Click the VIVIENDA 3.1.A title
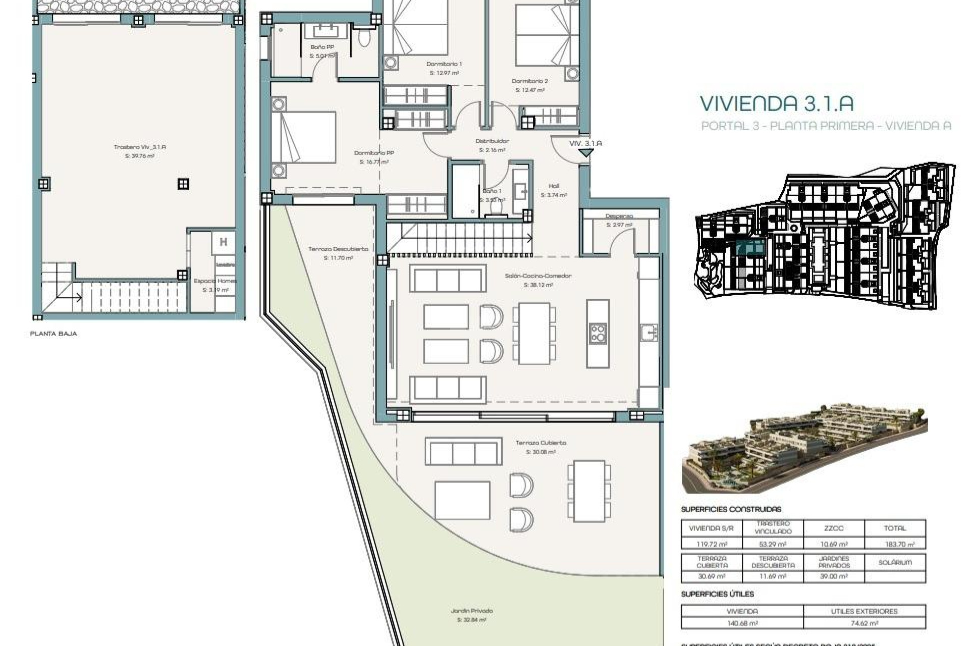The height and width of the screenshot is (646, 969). point(776,103)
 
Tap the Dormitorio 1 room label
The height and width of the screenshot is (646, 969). point(444,64)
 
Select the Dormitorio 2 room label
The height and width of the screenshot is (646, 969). point(529,81)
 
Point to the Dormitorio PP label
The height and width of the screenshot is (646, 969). point(373,153)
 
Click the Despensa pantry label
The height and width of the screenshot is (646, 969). point(619,216)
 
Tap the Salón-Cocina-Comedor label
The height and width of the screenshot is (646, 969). point(538,276)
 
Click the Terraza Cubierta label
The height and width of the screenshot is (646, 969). point(541,443)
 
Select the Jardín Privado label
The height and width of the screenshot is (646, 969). point(471,611)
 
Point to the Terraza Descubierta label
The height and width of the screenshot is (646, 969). point(338,249)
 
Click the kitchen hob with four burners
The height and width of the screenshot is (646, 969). point(598,333)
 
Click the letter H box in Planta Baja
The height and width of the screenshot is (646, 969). point(223,242)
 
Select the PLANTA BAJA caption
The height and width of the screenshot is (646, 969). point(53,334)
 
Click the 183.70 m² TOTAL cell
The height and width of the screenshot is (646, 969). point(895,544)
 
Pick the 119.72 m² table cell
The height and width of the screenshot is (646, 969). point(712,544)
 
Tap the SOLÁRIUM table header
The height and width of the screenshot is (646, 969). point(895,562)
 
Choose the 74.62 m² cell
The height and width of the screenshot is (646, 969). point(864,623)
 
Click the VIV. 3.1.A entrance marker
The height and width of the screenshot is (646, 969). point(585,144)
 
